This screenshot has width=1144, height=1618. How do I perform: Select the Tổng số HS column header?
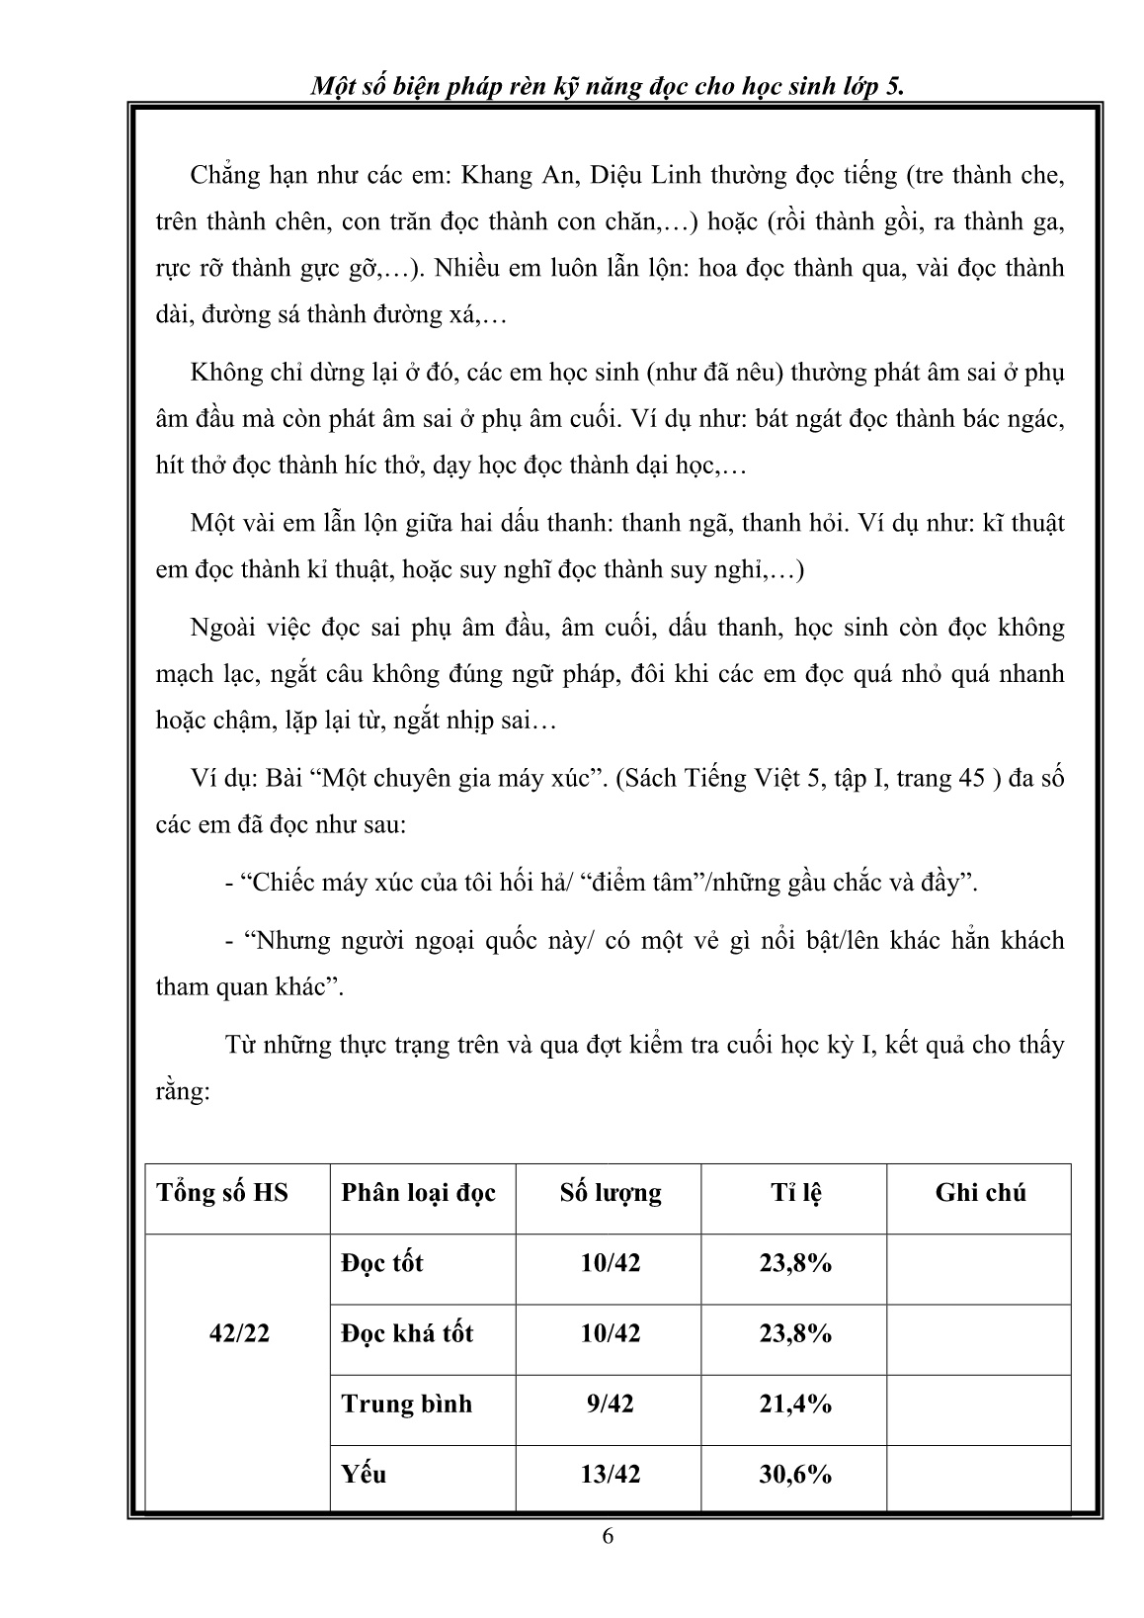(x=222, y=1192)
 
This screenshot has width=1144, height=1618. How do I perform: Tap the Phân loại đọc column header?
(x=419, y=1192)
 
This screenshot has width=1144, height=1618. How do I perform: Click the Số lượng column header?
(x=611, y=1192)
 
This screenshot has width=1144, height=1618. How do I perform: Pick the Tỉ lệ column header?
(x=795, y=1192)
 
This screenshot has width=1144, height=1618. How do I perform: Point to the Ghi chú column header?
(x=980, y=1192)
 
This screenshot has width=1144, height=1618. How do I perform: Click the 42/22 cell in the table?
(x=239, y=1332)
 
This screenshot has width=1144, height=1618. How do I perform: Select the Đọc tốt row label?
(x=382, y=1262)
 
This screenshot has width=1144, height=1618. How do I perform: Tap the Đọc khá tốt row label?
(x=407, y=1332)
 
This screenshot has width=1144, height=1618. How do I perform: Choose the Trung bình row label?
(x=407, y=1404)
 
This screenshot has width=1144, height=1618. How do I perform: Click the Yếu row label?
(x=364, y=1474)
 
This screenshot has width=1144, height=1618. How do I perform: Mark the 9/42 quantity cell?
(x=611, y=1404)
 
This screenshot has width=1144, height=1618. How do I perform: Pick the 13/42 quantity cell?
(x=611, y=1474)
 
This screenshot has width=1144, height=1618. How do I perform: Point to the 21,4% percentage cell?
(x=795, y=1404)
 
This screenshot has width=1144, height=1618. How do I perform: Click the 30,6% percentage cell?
(x=795, y=1474)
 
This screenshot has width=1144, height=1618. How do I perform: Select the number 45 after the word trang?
(x=971, y=778)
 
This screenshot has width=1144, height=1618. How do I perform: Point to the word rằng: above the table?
(x=183, y=1092)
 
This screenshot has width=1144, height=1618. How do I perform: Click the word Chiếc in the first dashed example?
(x=280, y=883)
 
